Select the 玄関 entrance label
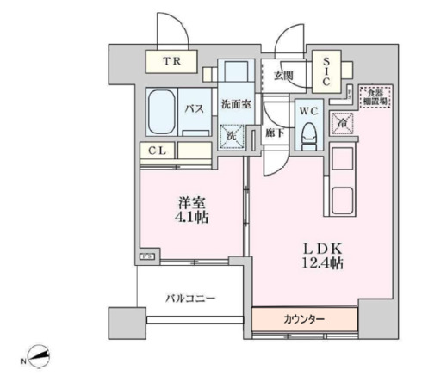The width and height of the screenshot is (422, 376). tap(284, 75)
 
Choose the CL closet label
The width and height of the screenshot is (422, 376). tap(157, 151)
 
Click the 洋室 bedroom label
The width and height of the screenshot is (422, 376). tap(190, 203)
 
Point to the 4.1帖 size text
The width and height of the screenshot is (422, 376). tap(190, 219)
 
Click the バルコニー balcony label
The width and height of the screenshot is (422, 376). tap(190, 299)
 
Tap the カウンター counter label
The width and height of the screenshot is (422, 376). tap(305, 319)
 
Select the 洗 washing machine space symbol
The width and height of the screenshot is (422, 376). tap(232, 135)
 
